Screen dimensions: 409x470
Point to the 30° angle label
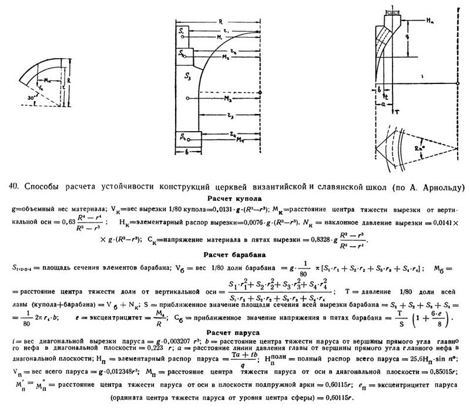(x=22, y=98)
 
